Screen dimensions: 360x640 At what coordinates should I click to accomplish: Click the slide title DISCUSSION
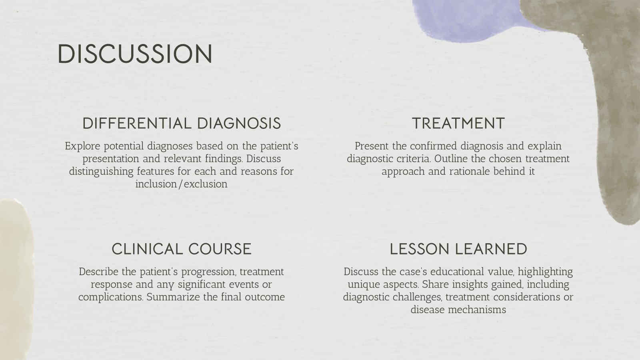[135, 54]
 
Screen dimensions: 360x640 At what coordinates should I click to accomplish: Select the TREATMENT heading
[458, 123]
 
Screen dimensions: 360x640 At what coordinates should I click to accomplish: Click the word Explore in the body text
[81, 146]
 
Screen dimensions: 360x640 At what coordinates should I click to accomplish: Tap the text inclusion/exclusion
[181, 184]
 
